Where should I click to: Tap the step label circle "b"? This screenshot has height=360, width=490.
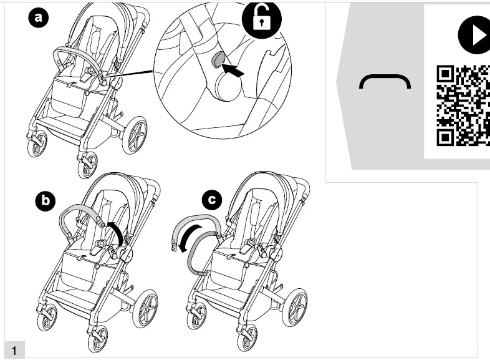(x=45, y=201)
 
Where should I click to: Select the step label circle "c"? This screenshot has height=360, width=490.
(x=212, y=200)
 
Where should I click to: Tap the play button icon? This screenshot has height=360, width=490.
(x=474, y=34)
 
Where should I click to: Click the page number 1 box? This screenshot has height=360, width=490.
(x=14, y=350)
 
